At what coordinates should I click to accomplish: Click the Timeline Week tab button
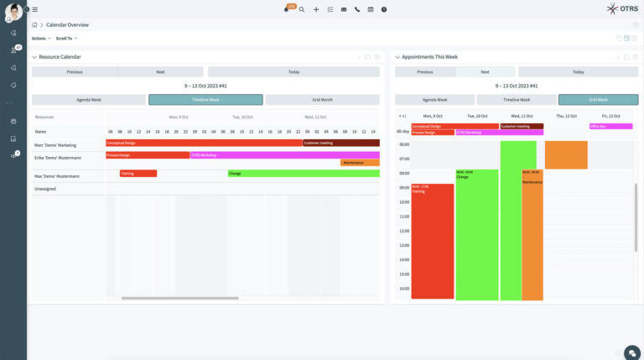[205, 100]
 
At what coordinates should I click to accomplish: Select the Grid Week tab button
[598, 100]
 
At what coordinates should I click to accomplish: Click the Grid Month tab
[322, 100]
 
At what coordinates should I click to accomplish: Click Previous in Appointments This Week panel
[424, 72]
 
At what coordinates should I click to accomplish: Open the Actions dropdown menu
[41, 39]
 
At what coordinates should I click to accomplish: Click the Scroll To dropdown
[66, 39]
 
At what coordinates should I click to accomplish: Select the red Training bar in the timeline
[138, 174]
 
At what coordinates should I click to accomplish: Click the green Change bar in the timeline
[303, 174]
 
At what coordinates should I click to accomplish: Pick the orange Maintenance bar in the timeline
[360, 163]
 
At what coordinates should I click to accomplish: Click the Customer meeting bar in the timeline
[340, 143]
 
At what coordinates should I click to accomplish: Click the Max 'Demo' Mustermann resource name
[57, 176]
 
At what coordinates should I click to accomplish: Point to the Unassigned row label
[45, 189]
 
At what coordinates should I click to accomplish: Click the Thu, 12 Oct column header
[566, 116]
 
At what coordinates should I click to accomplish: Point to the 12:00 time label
[403, 230]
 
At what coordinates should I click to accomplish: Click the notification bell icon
[287, 9]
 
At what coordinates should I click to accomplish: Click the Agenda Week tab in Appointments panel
[434, 100]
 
